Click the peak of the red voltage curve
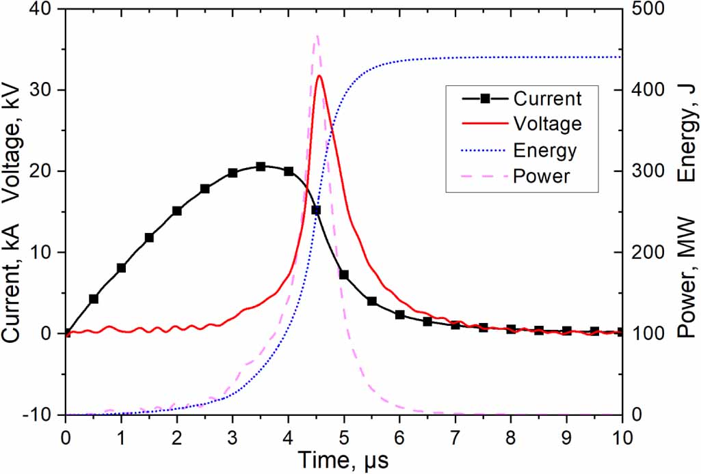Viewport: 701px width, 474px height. pyautogui.click(x=319, y=76)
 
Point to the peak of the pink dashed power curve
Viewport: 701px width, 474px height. pyautogui.click(x=316, y=36)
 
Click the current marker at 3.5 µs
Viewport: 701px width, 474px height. pyautogui.click(x=261, y=167)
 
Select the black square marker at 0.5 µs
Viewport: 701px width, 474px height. pyautogui.click(x=94, y=299)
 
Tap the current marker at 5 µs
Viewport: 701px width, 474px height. pyautogui.click(x=344, y=275)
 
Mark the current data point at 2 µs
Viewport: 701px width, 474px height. pyautogui.click(x=177, y=211)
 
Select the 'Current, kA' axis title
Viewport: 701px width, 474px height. pyautogui.click(x=14, y=280)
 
